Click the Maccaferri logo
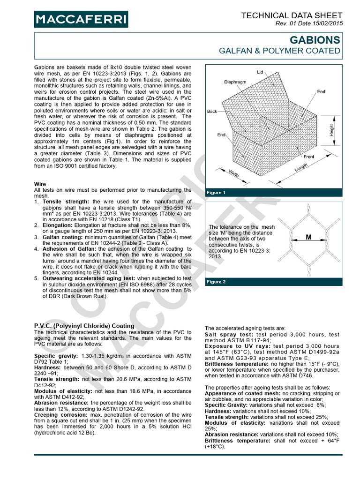click(81, 19)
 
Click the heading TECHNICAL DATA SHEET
click(292, 15)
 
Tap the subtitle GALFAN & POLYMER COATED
click(280, 51)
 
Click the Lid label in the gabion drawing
click(260, 72)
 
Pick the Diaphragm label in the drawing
click(235, 82)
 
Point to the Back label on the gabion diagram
click(212, 112)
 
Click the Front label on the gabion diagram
click(309, 157)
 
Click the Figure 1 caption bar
click(216, 193)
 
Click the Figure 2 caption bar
click(216, 282)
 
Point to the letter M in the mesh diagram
click(308, 238)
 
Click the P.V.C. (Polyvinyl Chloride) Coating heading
click(84, 326)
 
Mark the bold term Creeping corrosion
click(61, 415)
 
